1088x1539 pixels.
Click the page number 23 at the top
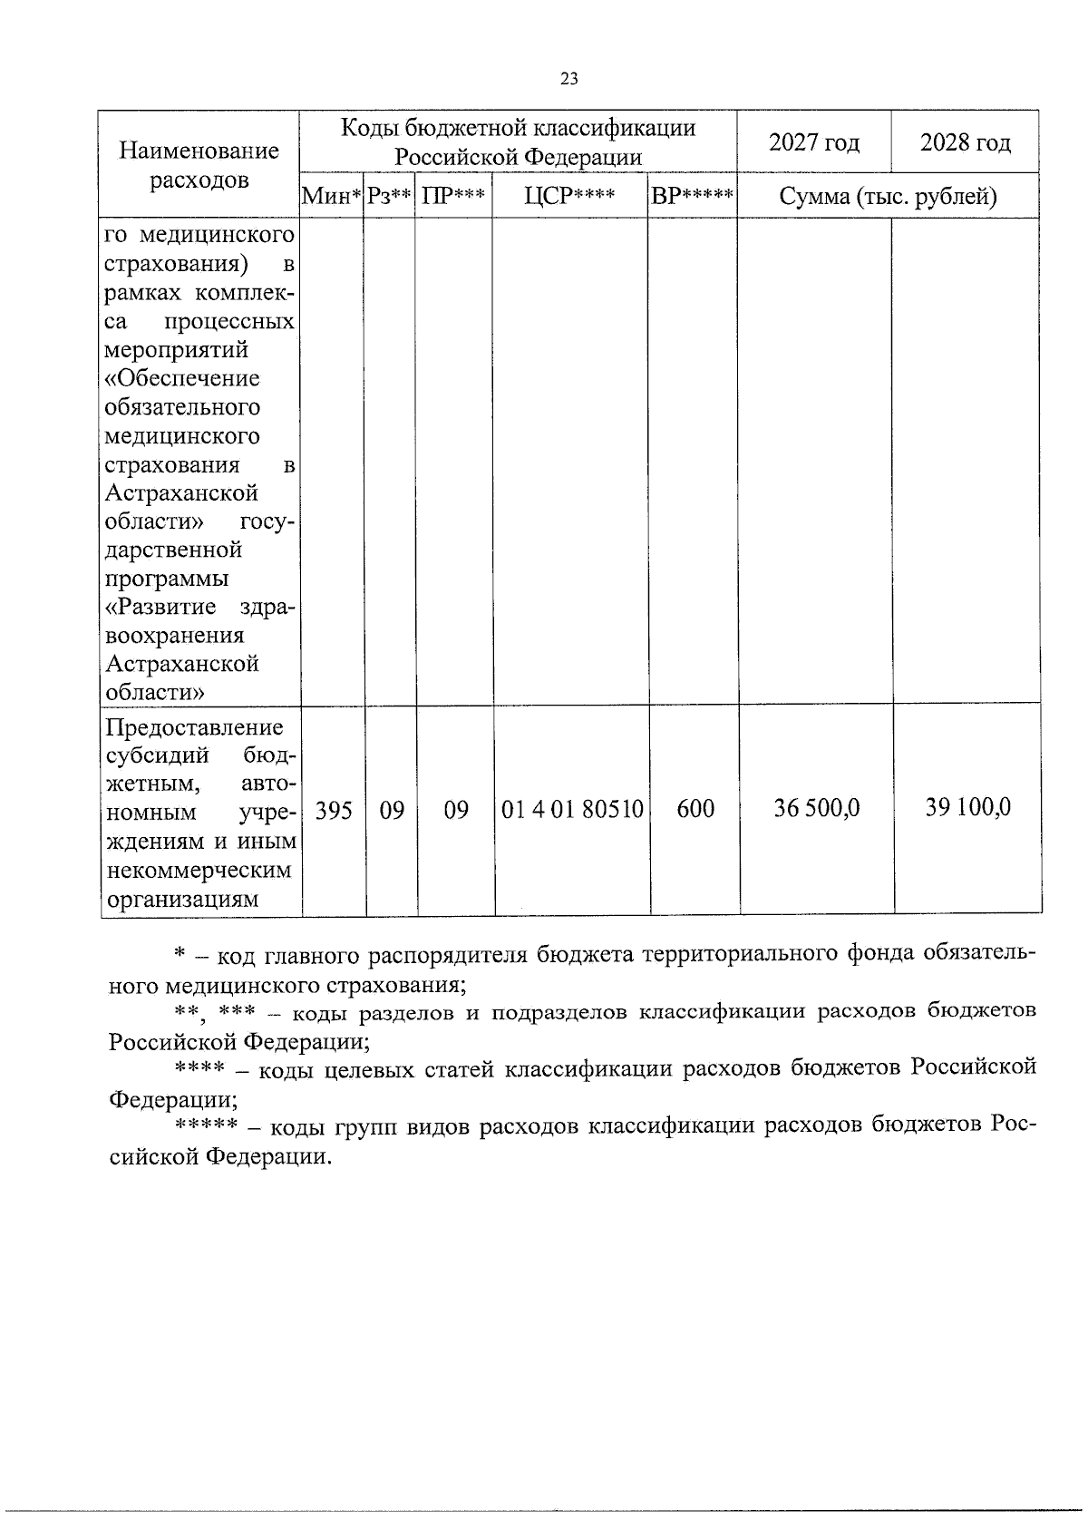(x=568, y=79)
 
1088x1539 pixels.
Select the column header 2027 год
(x=813, y=142)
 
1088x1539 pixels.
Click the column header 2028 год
(x=965, y=142)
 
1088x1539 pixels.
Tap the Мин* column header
(x=332, y=196)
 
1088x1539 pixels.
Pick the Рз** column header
(x=389, y=196)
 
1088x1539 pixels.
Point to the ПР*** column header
(x=453, y=196)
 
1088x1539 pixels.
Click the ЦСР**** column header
(x=569, y=196)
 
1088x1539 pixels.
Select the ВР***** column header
(x=693, y=196)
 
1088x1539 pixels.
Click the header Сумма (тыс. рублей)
(x=888, y=196)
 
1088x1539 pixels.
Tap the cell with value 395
(x=334, y=809)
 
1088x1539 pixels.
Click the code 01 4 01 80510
(x=572, y=809)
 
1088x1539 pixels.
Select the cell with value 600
(x=695, y=809)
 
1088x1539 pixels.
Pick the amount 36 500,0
(x=816, y=807)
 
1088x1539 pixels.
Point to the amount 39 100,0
(x=967, y=806)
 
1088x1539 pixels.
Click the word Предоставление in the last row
(x=194, y=727)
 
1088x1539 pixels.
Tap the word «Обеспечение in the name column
(x=182, y=378)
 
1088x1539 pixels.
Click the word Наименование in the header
(x=199, y=151)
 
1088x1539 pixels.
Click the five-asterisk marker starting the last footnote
(x=206, y=1125)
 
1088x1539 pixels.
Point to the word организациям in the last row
(x=182, y=899)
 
